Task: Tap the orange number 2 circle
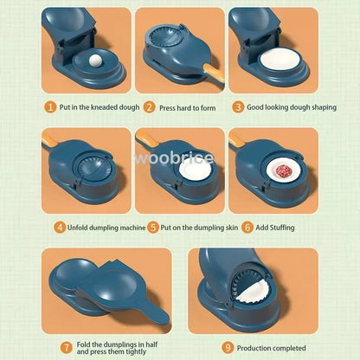tap(149, 108)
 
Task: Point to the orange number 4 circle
tap(59, 227)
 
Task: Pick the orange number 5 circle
tap(151, 227)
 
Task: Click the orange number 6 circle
tap(247, 227)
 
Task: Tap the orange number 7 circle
tap(66, 346)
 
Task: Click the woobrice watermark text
tap(179, 158)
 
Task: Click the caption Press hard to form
tap(185, 108)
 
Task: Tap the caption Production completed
tap(271, 346)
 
